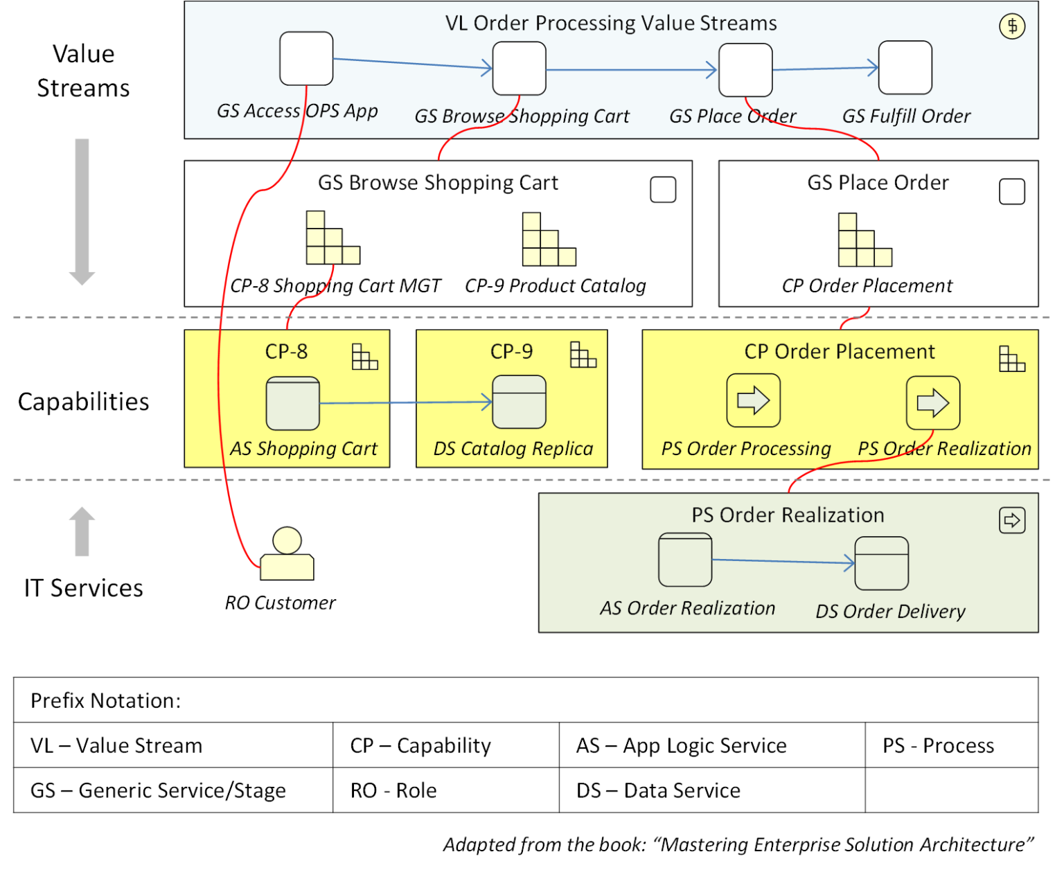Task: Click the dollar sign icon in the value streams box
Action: click(1012, 26)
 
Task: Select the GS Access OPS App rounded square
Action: click(306, 59)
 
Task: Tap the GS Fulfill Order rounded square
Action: click(905, 68)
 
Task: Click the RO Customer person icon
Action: click(287, 554)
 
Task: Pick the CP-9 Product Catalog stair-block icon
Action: click(548, 240)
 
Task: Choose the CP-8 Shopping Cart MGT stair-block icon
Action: click(332, 238)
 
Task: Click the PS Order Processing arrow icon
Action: click(753, 400)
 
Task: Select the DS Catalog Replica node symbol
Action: click(519, 402)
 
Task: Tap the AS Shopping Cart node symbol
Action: click(292, 403)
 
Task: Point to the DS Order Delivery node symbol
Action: click(881, 563)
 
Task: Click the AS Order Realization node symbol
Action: click(685, 560)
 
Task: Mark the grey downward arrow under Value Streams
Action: click(82, 211)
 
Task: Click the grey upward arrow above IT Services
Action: click(82, 531)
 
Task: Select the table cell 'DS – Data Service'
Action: click(658, 790)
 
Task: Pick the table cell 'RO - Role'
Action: click(393, 790)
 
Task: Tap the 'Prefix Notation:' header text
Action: click(105, 700)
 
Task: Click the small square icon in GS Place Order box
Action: click(1011, 192)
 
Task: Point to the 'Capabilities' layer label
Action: click(83, 402)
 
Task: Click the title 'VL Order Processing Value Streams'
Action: click(610, 23)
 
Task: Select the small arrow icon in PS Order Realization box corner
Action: click(1011, 520)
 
